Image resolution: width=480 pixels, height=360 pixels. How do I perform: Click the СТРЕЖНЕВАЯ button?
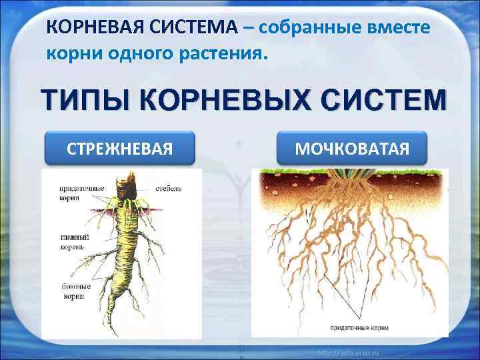coord(119,147)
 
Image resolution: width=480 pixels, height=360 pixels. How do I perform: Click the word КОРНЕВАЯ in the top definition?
coord(91,29)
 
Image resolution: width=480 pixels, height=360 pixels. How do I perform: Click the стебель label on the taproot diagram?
coord(169,189)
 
